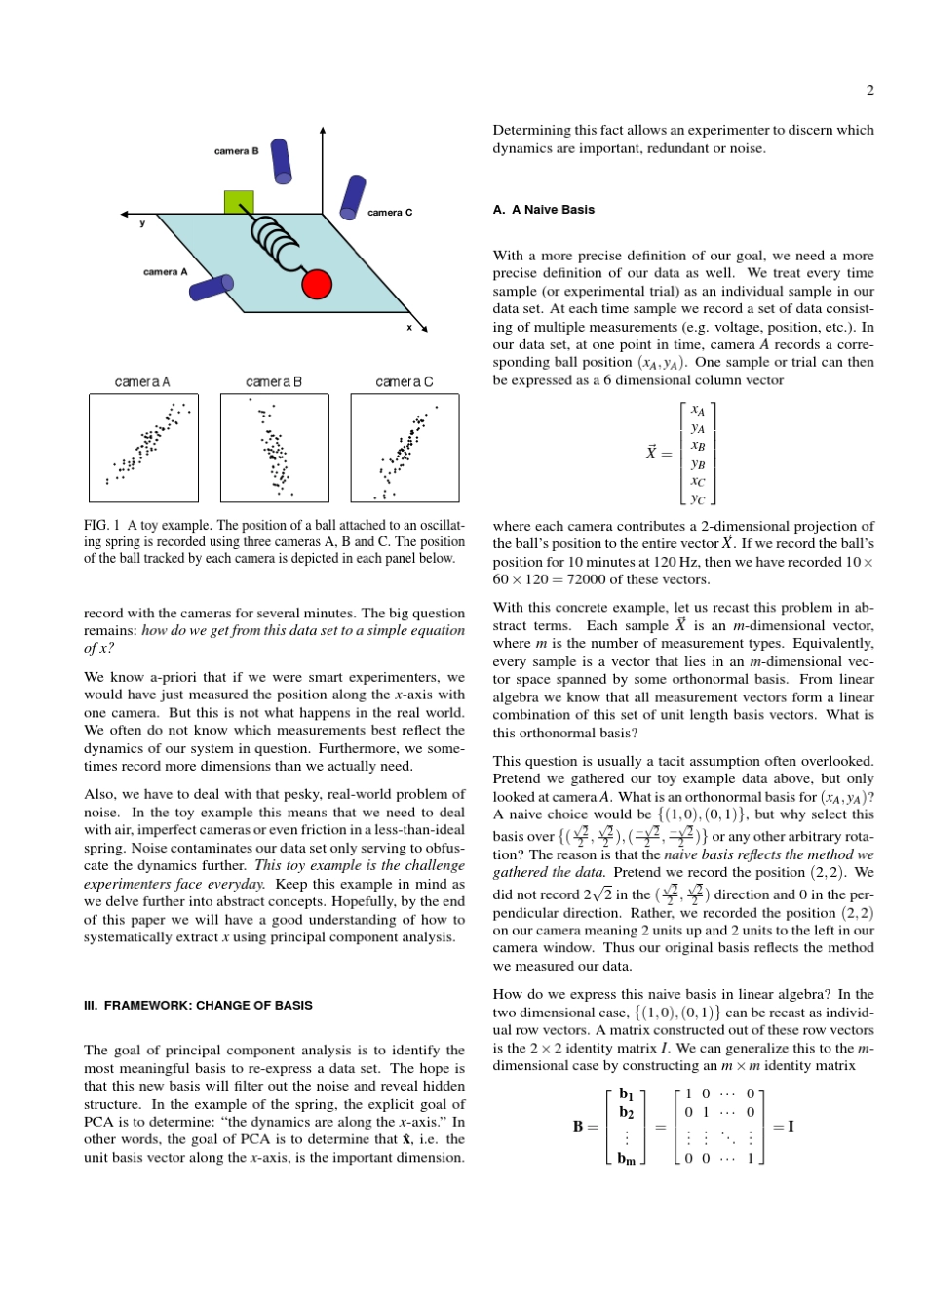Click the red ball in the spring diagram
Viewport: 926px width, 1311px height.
[317, 284]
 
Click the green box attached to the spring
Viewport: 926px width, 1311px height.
[239, 202]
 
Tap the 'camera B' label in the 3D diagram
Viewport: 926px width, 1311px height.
[236, 151]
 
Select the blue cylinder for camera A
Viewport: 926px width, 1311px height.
[212, 287]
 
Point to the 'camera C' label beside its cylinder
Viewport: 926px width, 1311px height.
[390, 212]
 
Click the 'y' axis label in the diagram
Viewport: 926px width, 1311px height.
[142, 223]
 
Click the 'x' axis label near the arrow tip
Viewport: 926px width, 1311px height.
[409, 328]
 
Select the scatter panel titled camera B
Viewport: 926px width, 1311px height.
[274, 448]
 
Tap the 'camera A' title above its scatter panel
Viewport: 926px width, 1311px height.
[142, 381]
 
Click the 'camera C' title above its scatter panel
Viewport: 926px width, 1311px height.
[405, 381]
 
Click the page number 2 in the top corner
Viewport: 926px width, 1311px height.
[869, 91]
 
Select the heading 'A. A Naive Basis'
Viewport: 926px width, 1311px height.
[543, 210]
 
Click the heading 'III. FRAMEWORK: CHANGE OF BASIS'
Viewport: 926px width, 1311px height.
[198, 1005]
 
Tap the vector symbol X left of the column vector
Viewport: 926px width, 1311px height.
[651, 453]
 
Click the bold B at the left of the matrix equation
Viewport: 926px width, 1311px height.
[578, 1127]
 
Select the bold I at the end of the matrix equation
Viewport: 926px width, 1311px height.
[790, 1127]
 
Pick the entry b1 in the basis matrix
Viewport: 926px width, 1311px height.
[626, 1094]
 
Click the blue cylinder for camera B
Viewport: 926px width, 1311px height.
[281, 161]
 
